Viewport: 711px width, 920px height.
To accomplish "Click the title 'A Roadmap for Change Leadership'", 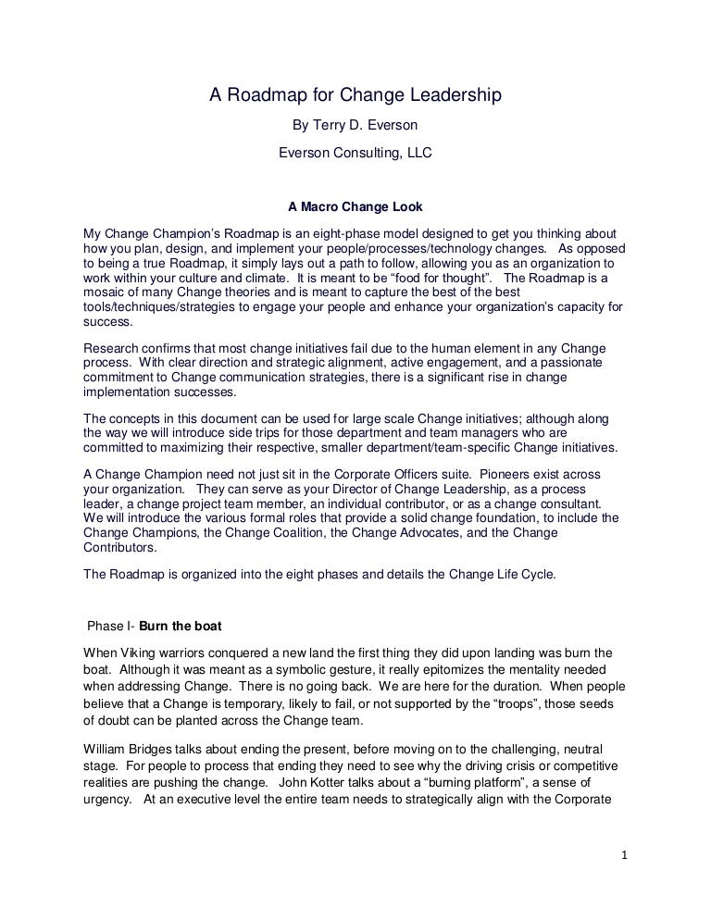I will pyautogui.click(x=355, y=95).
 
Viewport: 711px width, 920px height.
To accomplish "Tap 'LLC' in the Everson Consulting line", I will pyautogui.click(x=417, y=154).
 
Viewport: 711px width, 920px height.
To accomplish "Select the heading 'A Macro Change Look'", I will pyautogui.click(x=355, y=207).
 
